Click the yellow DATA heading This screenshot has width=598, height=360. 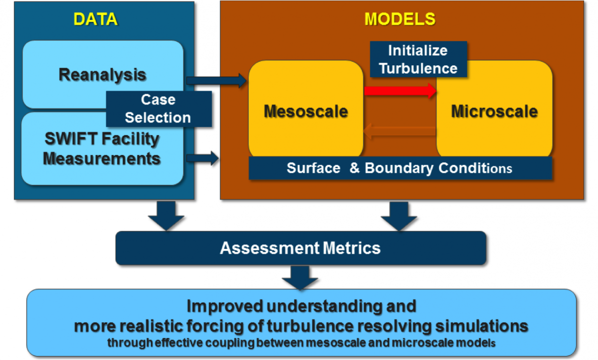[95, 19]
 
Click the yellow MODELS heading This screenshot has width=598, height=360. [400, 19]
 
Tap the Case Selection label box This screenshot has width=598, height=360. [158, 109]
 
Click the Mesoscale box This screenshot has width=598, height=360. [305, 111]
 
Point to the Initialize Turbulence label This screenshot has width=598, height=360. [418, 59]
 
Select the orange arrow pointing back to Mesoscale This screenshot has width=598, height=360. [399, 131]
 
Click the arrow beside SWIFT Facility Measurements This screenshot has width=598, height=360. [202, 158]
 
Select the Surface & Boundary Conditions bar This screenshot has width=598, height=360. [400, 168]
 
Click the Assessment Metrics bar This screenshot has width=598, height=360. [300, 248]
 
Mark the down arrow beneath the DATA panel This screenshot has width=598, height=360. [166, 215]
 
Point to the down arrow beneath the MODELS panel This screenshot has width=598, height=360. [399, 215]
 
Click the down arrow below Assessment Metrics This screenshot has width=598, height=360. [300, 277]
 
